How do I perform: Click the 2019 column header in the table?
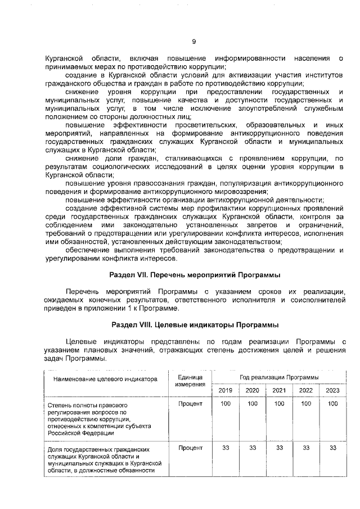(225, 390)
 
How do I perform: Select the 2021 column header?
(279, 390)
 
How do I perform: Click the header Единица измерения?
(190, 380)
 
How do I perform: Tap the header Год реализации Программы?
(279, 376)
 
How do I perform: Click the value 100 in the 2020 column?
(253, 404)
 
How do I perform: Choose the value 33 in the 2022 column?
(306, 448)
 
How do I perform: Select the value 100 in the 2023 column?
(333, 404)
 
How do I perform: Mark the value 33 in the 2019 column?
(225, 448)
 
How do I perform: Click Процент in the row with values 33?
(190, 448)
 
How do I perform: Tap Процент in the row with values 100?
(190, 404)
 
